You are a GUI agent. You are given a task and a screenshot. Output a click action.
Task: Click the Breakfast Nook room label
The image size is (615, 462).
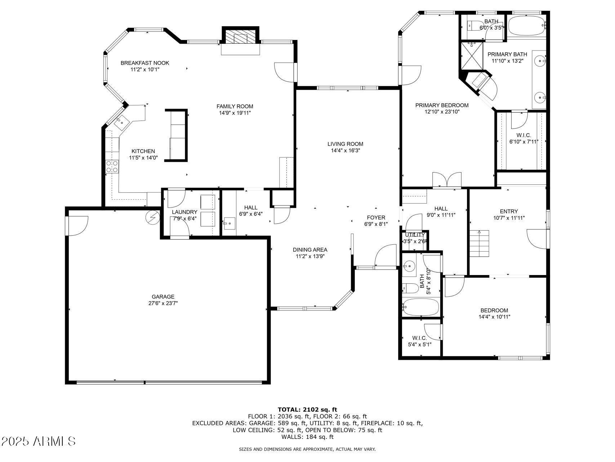145,63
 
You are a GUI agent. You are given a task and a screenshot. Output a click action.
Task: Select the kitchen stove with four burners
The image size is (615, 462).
112,166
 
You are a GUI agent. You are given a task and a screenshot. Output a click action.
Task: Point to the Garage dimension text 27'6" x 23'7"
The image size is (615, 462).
163,303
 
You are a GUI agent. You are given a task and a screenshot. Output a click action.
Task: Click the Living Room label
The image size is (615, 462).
345,144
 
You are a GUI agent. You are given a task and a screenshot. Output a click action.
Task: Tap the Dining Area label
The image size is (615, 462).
310,249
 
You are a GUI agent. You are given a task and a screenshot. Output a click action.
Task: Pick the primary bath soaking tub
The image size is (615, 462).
526,25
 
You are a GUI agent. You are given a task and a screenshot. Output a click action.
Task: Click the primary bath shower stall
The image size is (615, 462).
472,56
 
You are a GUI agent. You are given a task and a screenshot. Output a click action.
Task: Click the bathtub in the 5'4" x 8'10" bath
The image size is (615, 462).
421,307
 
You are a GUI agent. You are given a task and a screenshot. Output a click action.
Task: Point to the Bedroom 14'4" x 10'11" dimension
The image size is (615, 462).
494,317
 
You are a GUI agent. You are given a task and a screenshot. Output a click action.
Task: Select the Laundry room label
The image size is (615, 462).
184,212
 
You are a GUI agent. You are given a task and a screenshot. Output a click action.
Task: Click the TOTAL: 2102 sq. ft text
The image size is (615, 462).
307,409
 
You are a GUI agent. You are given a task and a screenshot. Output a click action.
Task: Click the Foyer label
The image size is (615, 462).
376,217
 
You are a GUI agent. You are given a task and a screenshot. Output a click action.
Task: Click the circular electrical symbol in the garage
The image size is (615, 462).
152,217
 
